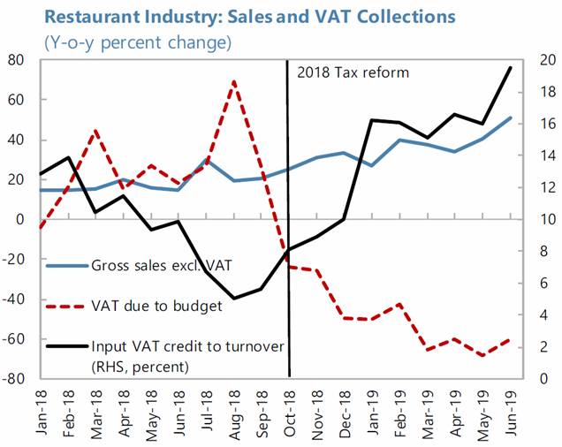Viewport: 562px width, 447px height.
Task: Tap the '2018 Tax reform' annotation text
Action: point(353,72)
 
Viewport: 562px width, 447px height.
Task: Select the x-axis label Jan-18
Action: point(42,411)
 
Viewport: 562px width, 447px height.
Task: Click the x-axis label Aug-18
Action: point(234,411)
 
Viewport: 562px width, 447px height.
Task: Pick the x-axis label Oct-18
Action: point(290,411)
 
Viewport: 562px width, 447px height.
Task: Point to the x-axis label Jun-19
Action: point(510,411)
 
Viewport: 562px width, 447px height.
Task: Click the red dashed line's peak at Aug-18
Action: point(233,81)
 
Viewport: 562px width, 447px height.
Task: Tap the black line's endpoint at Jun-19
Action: point(511,67)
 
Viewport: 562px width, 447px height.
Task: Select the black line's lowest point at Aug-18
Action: point(234,299)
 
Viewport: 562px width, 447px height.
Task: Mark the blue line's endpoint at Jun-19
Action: point(511,117)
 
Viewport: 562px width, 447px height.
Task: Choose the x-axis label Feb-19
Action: point(400,411)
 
